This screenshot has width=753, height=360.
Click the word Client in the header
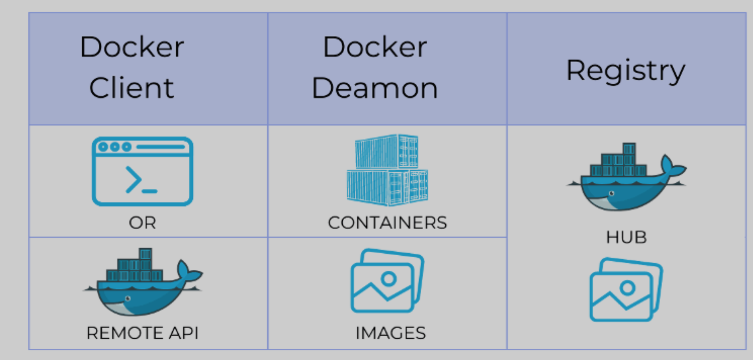[132, 88]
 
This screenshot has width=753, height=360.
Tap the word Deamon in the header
[374, 88]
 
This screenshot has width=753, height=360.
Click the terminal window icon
[143, 171]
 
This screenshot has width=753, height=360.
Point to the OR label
[143, 223]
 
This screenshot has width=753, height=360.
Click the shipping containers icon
[387, 170]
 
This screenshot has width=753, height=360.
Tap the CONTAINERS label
[387, 223]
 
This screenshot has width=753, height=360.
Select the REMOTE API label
[143, 333]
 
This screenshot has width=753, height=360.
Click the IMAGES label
[390, 333]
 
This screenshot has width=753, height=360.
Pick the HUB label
[626, 237]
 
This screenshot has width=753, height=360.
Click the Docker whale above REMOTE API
[143, 282]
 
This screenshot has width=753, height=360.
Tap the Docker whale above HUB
[626, 177]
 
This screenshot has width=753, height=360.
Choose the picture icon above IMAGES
[387, 281]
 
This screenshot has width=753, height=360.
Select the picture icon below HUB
[626, 290]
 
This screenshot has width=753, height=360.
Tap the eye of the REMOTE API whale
[128, 298]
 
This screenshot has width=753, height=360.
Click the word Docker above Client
[132, 47]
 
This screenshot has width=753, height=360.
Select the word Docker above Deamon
[374, 47]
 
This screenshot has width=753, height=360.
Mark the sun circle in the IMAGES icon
[389, 278]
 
